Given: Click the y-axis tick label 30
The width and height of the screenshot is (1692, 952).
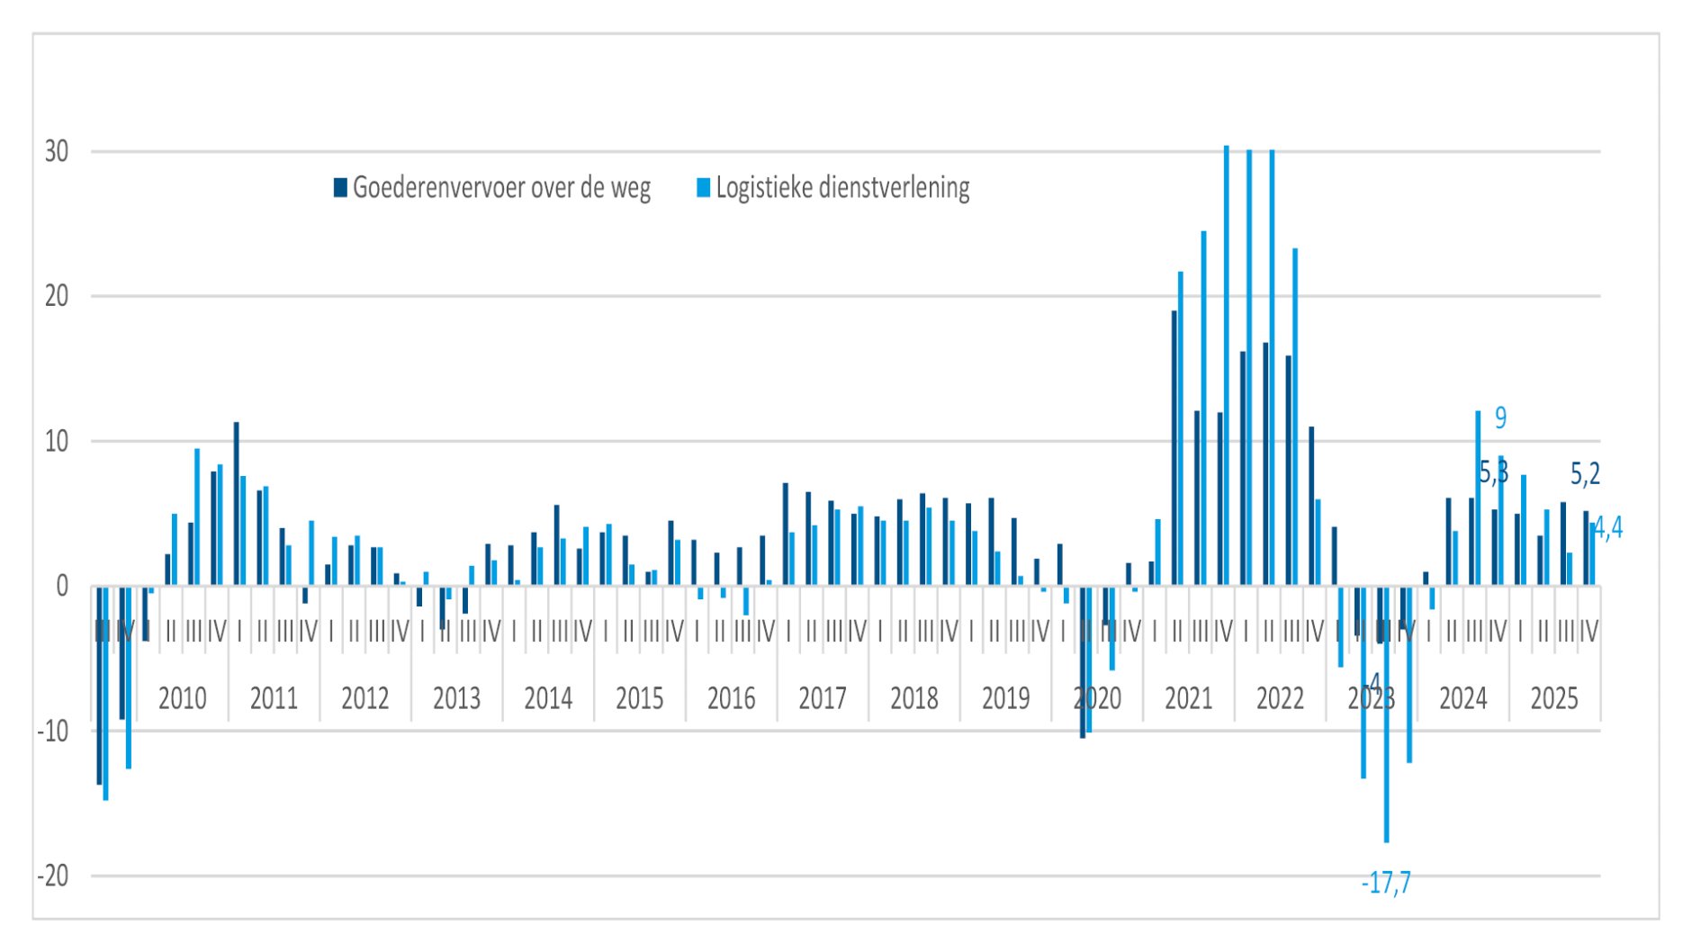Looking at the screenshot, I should pos(56,151).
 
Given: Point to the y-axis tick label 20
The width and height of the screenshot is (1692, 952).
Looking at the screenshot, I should pos(56,296).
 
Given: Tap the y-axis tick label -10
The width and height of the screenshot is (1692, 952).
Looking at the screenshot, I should pos(52,731).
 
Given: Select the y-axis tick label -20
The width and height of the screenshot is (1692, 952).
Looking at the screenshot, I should pos(52,876).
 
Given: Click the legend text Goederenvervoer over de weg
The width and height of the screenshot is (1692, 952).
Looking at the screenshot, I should pos(501,188).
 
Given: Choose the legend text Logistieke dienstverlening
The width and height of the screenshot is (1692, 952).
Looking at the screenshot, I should pos(842,188).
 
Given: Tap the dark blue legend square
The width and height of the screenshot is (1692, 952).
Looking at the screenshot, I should pos(340,188).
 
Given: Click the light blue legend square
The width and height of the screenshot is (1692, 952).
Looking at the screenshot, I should pos(704,188).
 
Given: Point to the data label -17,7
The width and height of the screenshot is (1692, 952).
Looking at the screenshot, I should pos(1386,884).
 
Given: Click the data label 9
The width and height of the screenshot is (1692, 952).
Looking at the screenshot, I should pos(1500,418).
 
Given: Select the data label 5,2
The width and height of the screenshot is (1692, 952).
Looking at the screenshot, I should pos(1585,473).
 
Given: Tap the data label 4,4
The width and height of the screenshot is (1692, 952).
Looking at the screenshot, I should pos(1608,529).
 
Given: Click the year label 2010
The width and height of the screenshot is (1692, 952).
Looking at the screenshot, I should pos(182,698).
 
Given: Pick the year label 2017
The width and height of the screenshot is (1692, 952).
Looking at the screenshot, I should pos(823,698).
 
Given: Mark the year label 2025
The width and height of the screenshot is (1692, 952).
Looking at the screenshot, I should pos(1554,698).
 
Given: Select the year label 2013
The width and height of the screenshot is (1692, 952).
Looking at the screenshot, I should pos(456,698).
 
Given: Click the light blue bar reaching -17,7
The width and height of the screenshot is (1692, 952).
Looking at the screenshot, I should pos(1387,720).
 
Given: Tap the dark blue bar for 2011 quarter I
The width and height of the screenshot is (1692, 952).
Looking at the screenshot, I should pos(237,504).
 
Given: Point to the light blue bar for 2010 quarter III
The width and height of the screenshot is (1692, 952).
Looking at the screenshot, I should pos(197,517).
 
